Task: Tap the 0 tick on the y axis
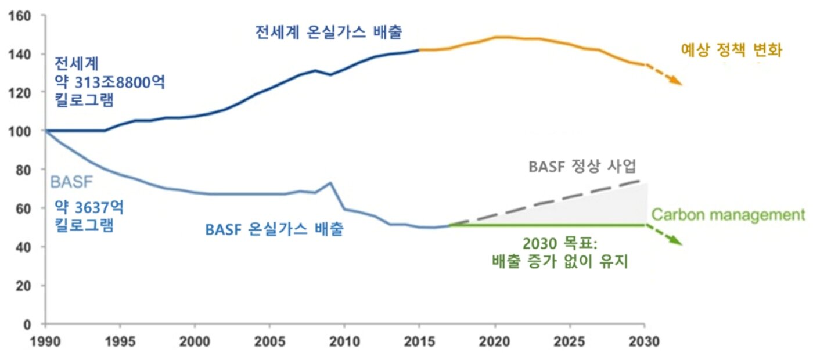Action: click(x=33, y=324)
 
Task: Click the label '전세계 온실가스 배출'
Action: click(x=329, y=32)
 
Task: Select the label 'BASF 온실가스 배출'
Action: click(x=275, y=229)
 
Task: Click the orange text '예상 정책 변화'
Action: click(x=732, y=51)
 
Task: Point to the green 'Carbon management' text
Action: click(x=728, y=215)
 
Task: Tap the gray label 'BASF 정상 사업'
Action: click(x=582, y=167)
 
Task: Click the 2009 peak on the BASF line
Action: click(x=330, y=183)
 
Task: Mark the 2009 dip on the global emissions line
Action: click(x=330, y=75)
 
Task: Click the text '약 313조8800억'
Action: click(x=110, y=81)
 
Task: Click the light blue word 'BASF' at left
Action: click(x=71, y=182)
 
